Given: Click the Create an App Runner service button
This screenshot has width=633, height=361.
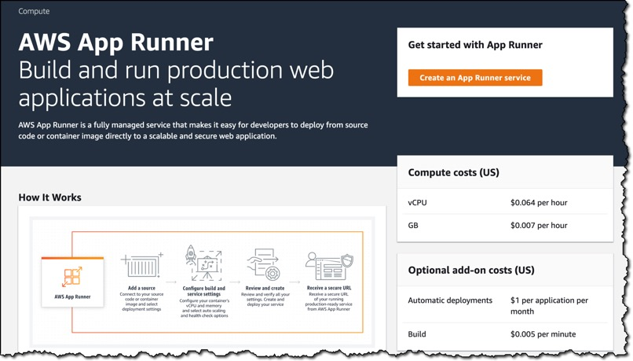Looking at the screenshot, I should [474, 78].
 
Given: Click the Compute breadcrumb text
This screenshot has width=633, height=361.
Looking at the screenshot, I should [34, 12].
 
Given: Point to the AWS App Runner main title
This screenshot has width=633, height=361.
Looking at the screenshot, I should [115, 42].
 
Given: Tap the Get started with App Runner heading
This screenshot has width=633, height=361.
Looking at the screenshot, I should [474, 45].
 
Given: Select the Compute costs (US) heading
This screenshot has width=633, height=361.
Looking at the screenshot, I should [453, 172].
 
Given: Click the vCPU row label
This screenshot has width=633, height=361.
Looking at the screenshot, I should [417, 203].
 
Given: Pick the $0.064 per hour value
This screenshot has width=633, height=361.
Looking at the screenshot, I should [538, 203].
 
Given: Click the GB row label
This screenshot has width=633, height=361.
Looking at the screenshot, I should [413, 225].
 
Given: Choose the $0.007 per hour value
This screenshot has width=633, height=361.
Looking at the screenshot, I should [538, 225].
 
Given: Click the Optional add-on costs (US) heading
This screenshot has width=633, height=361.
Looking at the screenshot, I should [470, 270].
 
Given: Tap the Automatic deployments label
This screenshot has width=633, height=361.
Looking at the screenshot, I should [450, 300].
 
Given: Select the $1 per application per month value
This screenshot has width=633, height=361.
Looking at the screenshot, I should [549, 305].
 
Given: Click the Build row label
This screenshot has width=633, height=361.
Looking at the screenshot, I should [417, 334].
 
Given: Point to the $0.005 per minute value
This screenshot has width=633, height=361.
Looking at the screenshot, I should [543, 334].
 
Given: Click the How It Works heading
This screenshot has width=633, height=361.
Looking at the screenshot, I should [49, 197].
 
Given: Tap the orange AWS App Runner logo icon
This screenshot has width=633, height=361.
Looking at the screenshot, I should [72, 276].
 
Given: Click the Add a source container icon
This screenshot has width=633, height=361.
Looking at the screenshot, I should [141, 266].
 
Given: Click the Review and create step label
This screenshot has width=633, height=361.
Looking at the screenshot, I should [265, 289].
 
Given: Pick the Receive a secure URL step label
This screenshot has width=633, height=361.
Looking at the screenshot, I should [329, 289].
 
